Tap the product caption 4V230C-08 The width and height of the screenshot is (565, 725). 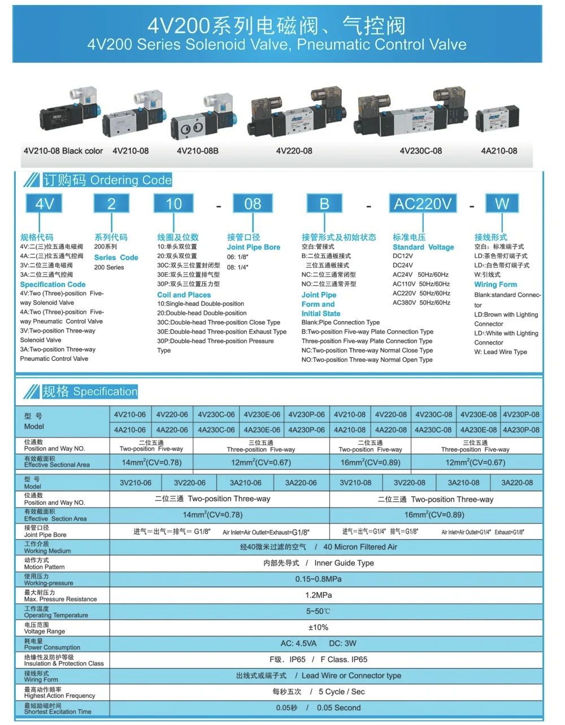pyautogui.click(x=420, y=151)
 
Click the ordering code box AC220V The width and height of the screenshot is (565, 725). pyautogui.click(x=423, y=204)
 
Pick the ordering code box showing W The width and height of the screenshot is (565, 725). pyautogui.click(x=502, y=204)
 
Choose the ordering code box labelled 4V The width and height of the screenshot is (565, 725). pyautogui.click(x=44, y=204)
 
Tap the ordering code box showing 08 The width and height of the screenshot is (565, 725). pyautogui.click(x=253, y=204)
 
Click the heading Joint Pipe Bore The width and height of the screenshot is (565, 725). pyautogui.click(x=254, y=247)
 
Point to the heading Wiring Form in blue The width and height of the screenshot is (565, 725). pyautogui.click(x=496, y=285)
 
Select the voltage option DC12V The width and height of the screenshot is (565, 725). pyautogui.click(x=403, y=256)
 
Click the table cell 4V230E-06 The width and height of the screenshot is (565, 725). pyautogui.click(x=262, y=414)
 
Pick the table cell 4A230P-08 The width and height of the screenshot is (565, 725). pyautogui.click(x=521, y=430)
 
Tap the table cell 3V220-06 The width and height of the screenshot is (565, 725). pyautogui.click(x=190, y=483)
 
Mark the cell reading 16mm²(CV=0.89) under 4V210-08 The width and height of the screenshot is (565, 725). pyautogui.click(x=370, y=462)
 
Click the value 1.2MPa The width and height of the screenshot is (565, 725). pyautogui.click(x=319, y=595)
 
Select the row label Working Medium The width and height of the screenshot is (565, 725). pyautogui.click(x=47, y=551)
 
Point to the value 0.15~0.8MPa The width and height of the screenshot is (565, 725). pyautogui.click(x=319, y=579)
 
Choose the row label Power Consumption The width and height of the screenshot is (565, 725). pyautogui.click(x=52, y=647)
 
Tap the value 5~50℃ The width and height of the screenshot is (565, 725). pyautogui.click(x=319, y=612)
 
